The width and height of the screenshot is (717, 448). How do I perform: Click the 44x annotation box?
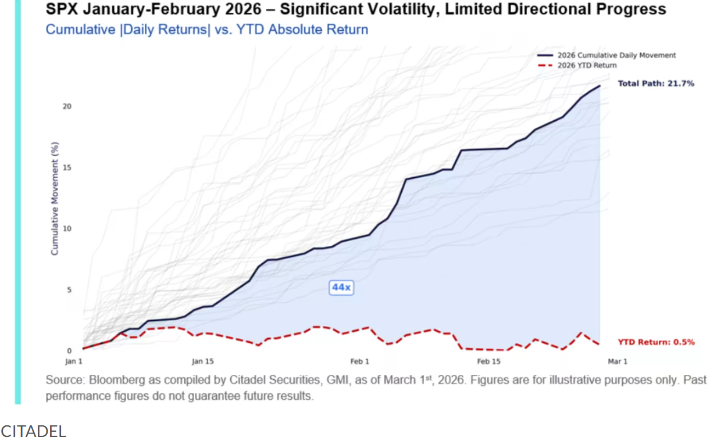(x=341, y=287)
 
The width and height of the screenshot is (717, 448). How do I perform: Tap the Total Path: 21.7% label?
(x=655, y=84)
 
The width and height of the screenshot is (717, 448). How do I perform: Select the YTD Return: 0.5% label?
(x=656, y=342)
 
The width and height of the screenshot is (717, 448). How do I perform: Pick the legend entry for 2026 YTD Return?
(x=587, y=65)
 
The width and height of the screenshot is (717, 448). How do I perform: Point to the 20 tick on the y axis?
(x=67, y=106)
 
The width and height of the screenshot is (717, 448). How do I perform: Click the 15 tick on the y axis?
(x=67, y=167)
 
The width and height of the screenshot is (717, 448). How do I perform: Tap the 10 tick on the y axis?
(x=67, y=228)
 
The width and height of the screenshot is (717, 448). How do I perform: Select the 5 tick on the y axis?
(x=69, y=289)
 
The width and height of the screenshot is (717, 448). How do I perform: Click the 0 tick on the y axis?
(x=69, y=350)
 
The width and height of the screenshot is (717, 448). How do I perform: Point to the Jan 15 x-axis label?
(x=202, y=361)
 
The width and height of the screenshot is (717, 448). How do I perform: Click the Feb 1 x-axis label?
(x=359, y=361)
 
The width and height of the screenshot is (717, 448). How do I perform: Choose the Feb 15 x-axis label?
(x=488, y=361)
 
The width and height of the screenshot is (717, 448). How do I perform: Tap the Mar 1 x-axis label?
(x=618, y=361)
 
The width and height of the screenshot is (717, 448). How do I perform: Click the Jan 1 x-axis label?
(x=74, y=361)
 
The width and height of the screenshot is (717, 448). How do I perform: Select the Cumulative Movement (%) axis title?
(x=55, y=198)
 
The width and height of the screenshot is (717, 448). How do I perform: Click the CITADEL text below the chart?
(x=33, y=431)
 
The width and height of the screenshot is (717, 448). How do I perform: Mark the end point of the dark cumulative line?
(x=600, y=86)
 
